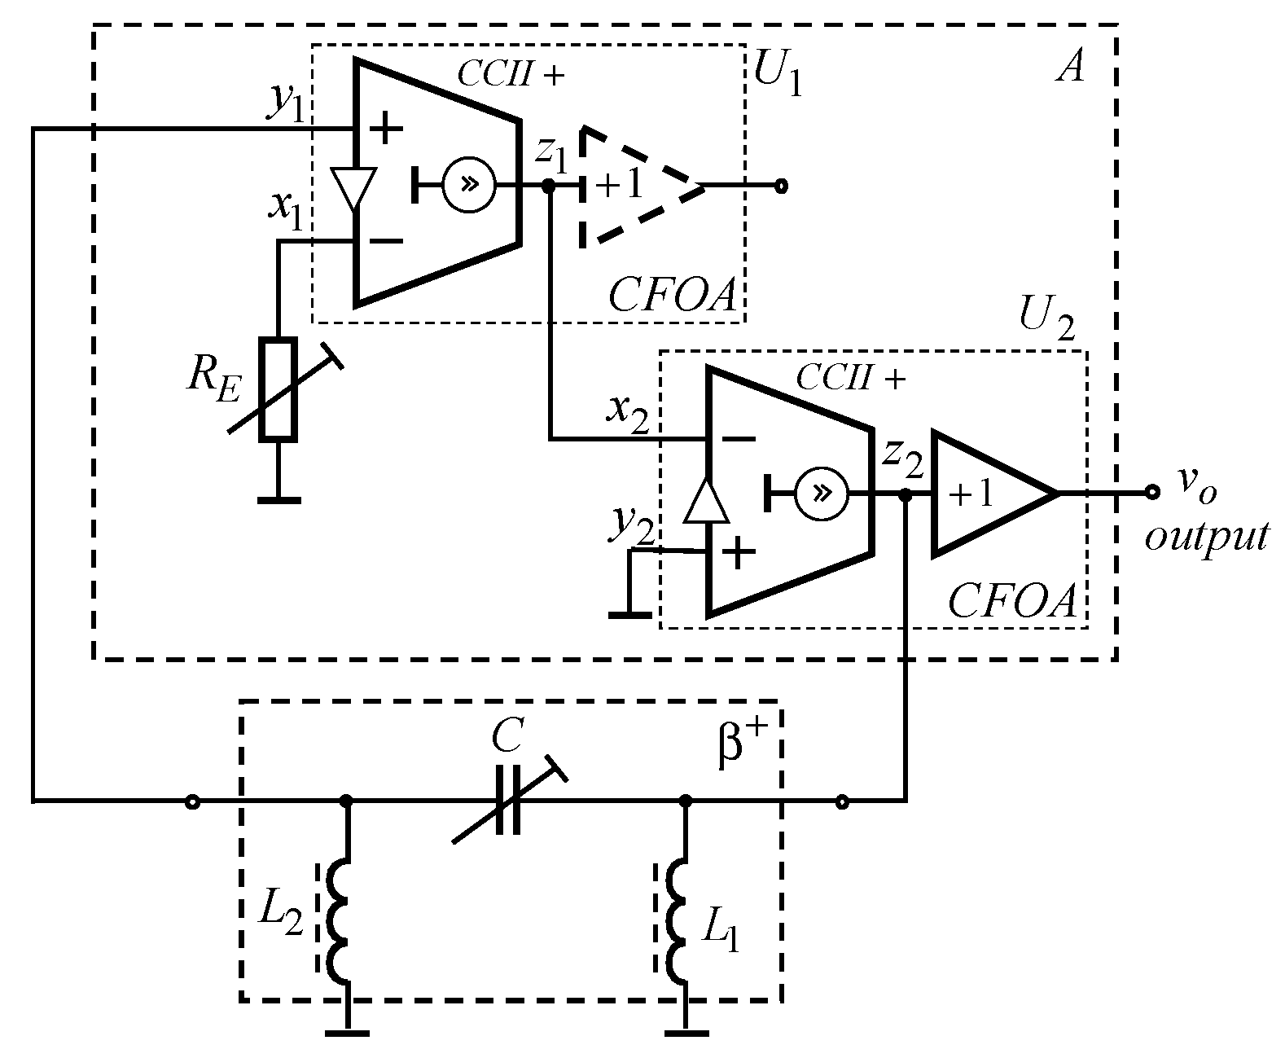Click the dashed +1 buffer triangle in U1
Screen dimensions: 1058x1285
click(635, 187)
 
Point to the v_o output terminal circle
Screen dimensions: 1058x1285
click(1151, 492)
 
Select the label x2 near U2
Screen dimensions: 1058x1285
click(627, 412)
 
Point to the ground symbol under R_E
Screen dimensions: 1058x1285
click(278, 499)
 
